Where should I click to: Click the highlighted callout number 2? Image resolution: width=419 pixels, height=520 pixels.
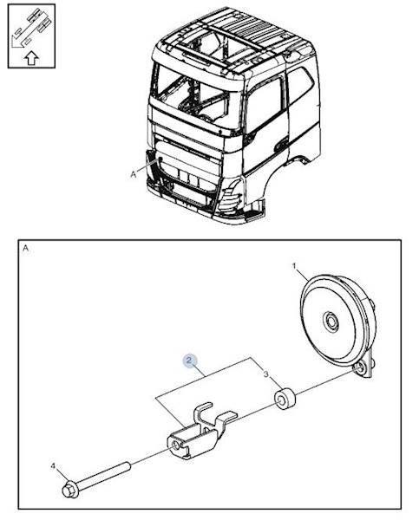[x=189, y=361]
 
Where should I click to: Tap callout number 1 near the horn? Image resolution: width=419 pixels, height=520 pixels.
[x=294, y=266]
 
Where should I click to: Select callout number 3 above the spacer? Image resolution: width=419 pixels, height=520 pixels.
[x=266, y=374]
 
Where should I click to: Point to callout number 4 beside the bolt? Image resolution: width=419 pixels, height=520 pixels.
[x=53, y=466]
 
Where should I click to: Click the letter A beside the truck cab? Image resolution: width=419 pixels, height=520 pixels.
[x=134, y=174]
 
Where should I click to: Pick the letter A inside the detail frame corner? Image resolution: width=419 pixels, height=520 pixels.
[x=25, y=248]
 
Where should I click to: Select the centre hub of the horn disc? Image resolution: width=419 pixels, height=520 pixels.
[x=331, y=321]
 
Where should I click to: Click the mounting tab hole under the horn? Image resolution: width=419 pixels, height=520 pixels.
[x=358, y=367]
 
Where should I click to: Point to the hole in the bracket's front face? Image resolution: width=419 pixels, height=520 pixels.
[x=176, y=445]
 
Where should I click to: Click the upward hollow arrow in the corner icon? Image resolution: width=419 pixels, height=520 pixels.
[x=31, y=58]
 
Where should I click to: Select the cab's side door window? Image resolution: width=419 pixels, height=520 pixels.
[x=264, y=105]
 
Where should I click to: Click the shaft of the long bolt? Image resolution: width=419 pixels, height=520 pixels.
[x=104, y=476]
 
